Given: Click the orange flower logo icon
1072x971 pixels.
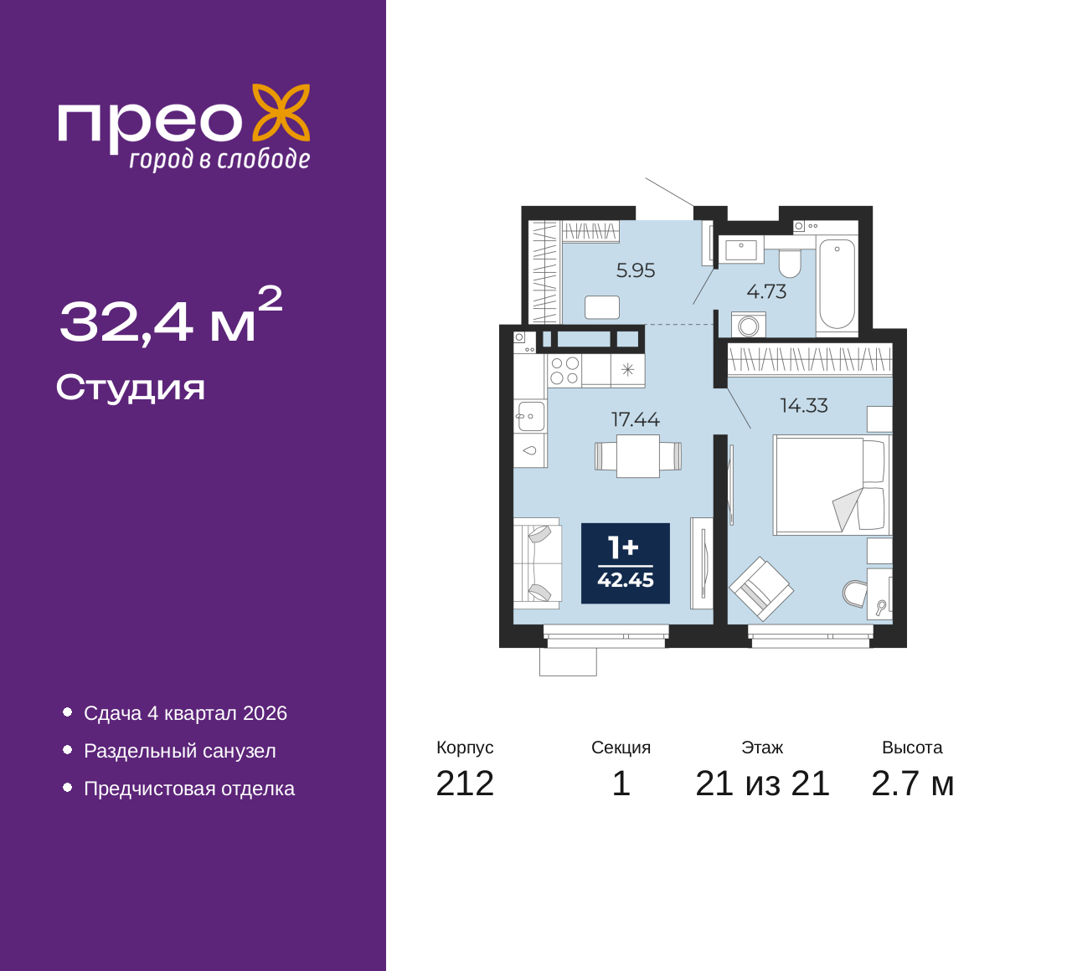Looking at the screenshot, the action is tap(281, 112).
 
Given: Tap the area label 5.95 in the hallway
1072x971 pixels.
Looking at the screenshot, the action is tap(636, 270).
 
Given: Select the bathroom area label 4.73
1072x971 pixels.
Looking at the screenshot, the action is tap(766, 291).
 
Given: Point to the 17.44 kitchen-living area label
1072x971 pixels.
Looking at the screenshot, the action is tap(636, 419).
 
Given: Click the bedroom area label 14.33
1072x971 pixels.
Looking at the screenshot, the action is tap(804, 405).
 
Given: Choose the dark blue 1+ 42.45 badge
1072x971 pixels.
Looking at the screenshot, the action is tap(626, 563).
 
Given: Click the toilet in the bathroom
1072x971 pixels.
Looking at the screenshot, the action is tap(790, 263).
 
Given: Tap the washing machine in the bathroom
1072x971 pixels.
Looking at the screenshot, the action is tap(748, 324).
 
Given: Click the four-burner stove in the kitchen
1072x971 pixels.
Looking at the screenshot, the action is tap(564, 370).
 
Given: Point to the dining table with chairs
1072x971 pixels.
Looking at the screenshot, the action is tap(638, 455).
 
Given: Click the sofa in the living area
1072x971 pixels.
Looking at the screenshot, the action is tap(537, 563).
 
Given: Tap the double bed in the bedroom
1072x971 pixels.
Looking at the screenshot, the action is tap(832, 485).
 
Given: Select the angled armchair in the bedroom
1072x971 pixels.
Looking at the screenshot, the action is tap(761, 588).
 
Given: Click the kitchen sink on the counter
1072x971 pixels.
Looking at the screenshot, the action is tap(530, 416).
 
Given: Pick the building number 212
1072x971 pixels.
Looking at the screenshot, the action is tap(465, 783).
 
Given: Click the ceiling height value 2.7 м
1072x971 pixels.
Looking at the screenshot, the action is tap(912, 783).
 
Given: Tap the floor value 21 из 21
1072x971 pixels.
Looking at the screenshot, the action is tap(762, 783).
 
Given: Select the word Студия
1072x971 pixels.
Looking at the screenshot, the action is tap(131, 388).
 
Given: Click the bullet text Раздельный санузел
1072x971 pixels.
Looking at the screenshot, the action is tap(180, 751).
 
